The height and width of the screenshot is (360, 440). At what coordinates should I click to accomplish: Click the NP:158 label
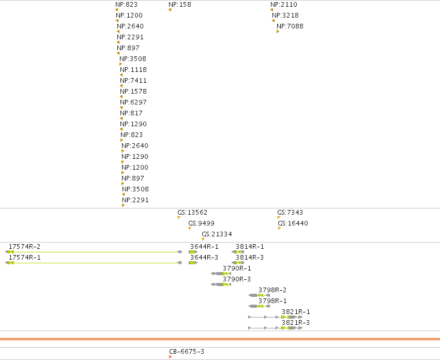tap(180, 5)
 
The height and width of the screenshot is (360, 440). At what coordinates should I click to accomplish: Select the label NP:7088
tap(290, 26)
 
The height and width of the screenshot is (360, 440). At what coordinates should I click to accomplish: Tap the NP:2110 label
tap(284, 5)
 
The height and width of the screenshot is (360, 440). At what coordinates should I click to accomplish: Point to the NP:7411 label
tap(133, 81)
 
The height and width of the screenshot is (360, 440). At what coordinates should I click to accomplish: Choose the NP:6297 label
tap(133, 102)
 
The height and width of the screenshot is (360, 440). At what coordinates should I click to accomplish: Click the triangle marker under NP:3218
tap(274, 21)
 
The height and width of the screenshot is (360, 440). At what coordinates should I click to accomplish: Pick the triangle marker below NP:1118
tap(121, 75)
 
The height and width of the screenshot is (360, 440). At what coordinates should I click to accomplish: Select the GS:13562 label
tap(192, 213)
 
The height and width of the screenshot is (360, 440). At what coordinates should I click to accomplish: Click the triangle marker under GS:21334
tap(203, 239)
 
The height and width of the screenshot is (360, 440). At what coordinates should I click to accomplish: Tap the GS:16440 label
tap(293, 223)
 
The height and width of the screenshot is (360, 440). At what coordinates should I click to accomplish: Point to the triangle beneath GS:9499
tap(190, 228)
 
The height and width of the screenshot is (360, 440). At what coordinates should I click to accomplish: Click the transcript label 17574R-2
tap(24, 247)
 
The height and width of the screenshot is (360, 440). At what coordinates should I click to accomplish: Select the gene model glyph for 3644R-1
tap(193, 252)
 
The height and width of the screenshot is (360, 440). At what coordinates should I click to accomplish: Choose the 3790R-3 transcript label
tap(237, 279)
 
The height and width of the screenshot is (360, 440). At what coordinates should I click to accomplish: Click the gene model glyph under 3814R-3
tap(238, 263)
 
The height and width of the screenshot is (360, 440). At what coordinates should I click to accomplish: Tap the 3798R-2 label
tap(272, 290)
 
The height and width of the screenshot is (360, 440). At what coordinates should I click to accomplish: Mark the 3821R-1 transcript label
tap(296, 312)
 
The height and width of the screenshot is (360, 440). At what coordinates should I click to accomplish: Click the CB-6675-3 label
tap(187, 352)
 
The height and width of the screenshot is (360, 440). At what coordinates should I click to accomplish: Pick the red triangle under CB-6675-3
tap(170, 357)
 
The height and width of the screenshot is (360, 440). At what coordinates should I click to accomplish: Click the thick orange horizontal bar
tap(220, 339)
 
